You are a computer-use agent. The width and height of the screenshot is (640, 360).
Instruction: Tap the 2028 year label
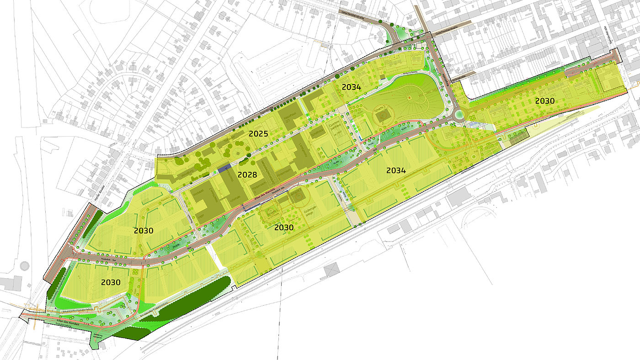(x=247, y=175)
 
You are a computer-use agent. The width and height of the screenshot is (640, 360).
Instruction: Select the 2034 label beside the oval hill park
(x=351, y=87)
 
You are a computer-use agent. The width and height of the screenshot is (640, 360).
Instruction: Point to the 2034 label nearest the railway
(x=396, y=170)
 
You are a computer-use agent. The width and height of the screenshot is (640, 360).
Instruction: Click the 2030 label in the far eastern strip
(x=545, y=101)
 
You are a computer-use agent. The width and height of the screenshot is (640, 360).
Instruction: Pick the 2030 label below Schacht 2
(x=284, y=228)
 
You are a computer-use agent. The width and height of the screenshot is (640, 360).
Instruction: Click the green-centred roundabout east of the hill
(x=459, y=115)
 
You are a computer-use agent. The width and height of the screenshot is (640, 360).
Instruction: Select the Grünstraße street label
(x=457, y=79)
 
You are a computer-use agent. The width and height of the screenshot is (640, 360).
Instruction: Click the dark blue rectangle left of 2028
(x=224, y=169)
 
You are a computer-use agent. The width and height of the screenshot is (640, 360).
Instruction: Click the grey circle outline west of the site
(x=24, y=265)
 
